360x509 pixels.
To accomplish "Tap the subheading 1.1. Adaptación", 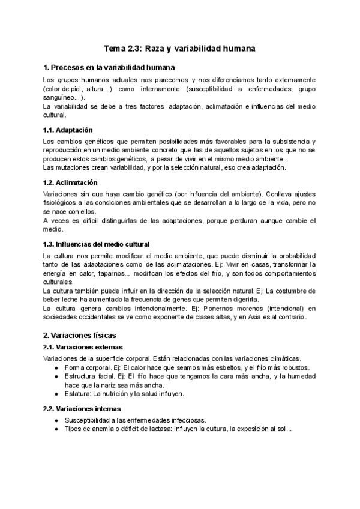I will (x=68, y=130).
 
